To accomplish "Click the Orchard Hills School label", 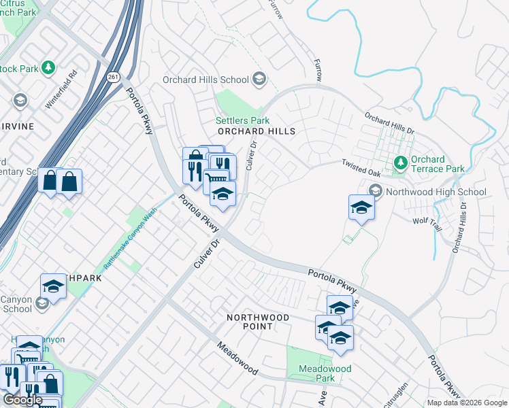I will point(206,80).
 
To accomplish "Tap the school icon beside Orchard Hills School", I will point(259,80).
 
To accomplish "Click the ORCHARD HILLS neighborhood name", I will point(256,131).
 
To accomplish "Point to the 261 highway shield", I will point(113,78).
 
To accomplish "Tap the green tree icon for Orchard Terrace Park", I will point(401,163).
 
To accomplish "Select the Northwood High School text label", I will point(436,192).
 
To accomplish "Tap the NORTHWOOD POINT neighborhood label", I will point(258,322).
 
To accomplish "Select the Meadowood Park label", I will point(325,373).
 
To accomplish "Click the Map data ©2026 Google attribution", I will point(466,403).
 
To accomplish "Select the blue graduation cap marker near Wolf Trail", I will point(361,207).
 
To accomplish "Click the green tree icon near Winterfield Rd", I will point(48,68).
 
